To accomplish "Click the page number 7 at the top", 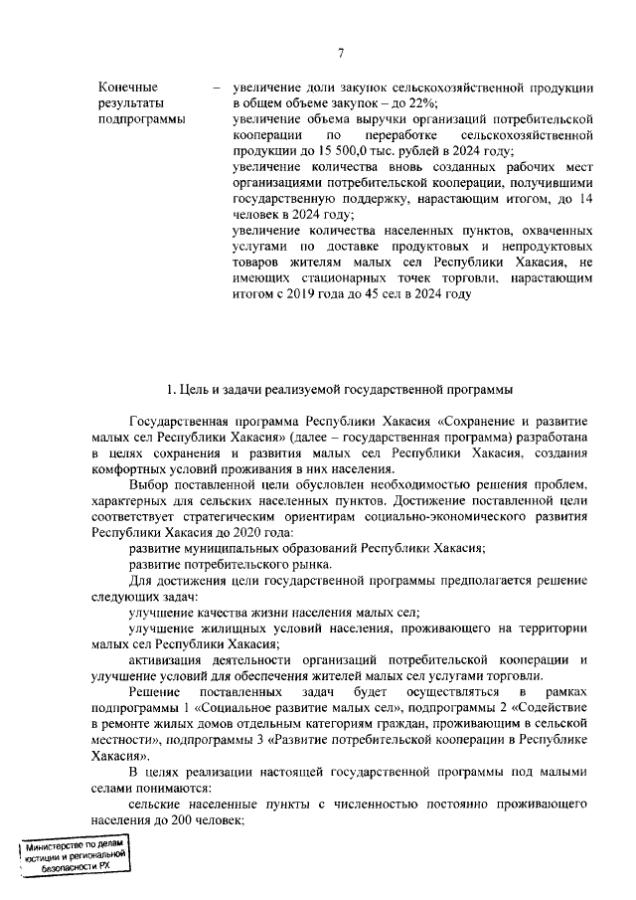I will click(340, 54).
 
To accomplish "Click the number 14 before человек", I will click(586, 198).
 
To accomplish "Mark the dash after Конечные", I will click(216, 87).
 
